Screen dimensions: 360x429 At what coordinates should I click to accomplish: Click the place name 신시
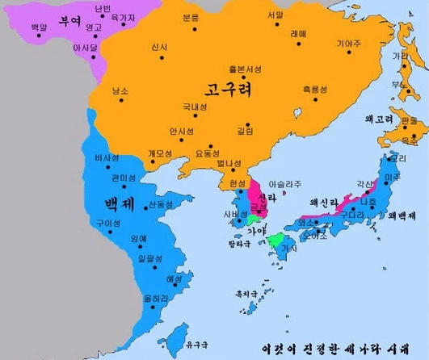pos(159,48)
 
